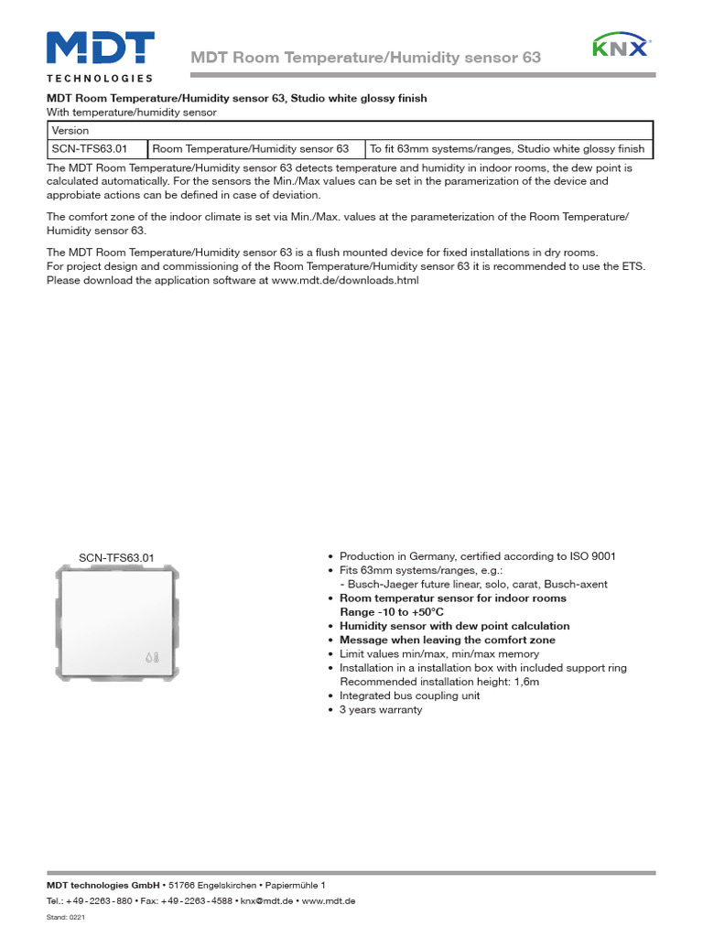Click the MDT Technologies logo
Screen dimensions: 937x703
click(x=100, y=55)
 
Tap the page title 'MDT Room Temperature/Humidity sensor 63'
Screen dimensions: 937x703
click(x=365, y=58)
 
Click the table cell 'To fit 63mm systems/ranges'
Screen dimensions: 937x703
click(x=507, y=148)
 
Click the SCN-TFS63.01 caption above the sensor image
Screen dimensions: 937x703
click(x=116, y=557)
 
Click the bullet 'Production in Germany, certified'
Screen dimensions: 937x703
click(x=477, y=556)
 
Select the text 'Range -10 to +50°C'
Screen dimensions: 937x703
click(x=392, y=611)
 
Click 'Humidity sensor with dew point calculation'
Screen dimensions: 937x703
click(x=454, y=626)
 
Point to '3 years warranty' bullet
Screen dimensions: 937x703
click(x=381, y=709)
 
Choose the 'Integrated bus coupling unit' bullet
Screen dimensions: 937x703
click(x=409, y=695)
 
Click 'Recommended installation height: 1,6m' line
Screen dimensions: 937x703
click(x=439, y=682)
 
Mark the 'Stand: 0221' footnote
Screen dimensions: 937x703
click(x=65, y=917)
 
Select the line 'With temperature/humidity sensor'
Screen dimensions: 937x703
click(x=131, y=112)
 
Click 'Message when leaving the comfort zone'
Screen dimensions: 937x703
click(x=447, y=640)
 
